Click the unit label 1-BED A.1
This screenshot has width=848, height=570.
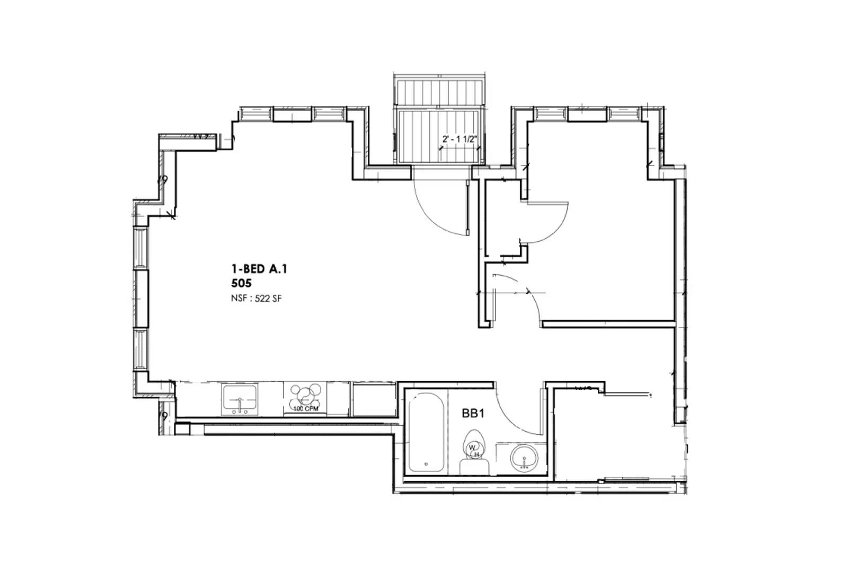point(259,269)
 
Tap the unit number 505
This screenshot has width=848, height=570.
point(241,283)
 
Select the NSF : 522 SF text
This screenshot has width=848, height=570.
point(256,299)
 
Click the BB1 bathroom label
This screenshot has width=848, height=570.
point(473,414)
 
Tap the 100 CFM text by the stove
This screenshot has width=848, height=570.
point(306,409)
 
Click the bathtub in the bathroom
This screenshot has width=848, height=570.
point(426,432)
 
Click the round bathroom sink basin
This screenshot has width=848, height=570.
point(524,457)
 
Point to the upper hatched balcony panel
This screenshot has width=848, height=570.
point(439,93)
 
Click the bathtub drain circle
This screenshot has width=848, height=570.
point(426,463)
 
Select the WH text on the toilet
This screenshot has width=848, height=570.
point(474,450)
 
